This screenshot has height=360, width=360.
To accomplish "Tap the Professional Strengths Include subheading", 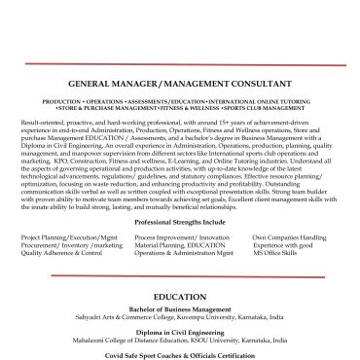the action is pos(179,223).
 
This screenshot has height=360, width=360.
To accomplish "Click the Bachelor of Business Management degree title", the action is pos(179,308).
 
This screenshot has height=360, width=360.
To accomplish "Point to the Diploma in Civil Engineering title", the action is pos(179,332).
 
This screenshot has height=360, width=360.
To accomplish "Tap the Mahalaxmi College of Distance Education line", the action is pos(179,340).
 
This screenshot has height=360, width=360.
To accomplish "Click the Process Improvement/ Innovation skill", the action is pos(182,237).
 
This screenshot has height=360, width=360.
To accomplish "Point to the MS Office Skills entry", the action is pos(283,253).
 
